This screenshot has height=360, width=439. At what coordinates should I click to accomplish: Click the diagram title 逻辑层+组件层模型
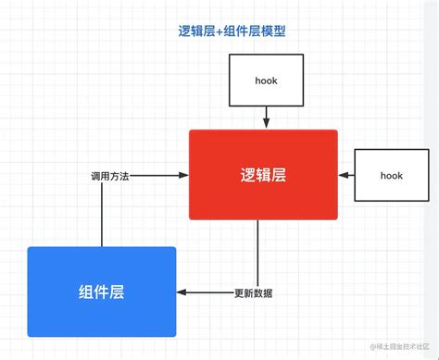232,31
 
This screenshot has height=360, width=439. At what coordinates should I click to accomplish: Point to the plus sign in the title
221,31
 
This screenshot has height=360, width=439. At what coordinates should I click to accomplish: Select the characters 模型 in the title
273,31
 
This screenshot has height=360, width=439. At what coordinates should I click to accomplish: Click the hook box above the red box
266,81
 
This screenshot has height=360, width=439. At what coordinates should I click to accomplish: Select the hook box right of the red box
392,174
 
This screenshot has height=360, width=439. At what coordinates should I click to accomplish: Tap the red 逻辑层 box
263,174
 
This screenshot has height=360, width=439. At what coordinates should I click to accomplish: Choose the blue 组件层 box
102,292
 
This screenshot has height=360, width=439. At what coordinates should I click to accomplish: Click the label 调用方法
109,176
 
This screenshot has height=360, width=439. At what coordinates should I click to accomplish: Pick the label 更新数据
253,292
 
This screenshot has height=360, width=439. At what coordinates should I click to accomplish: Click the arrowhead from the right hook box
344,174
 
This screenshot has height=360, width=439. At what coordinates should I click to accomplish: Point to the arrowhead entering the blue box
182,292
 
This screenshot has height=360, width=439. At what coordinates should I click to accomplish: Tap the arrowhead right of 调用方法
183,175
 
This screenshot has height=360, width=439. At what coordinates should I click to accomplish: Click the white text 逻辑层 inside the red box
263,174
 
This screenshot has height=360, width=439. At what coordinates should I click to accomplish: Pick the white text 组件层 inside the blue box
102,292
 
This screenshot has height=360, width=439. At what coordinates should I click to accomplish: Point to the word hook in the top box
266,81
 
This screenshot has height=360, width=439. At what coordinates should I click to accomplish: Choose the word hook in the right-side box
392,174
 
